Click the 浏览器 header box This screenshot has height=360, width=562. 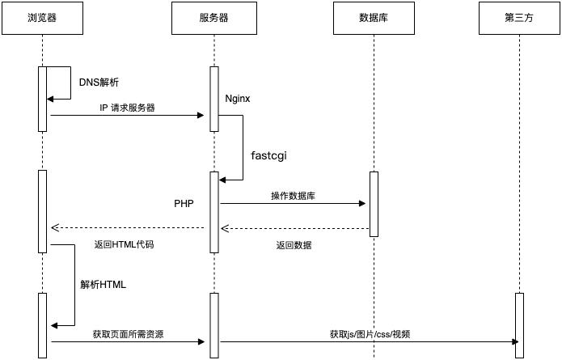(42, 19)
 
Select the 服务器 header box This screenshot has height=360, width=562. (213, 19)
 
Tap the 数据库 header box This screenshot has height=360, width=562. (374, 19)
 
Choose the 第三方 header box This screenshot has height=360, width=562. (518, 19)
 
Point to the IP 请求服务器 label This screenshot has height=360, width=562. (127, 107)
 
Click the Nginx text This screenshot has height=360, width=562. (238, 99)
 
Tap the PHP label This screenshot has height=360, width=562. (184, 204)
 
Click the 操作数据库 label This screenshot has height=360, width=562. (293, 195)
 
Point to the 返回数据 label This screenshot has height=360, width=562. (294, 244)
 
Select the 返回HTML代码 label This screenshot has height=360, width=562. (125, 244)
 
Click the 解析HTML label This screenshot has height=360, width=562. (104, 285)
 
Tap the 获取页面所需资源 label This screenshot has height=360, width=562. (128, 333)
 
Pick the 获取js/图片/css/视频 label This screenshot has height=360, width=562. (370, 333)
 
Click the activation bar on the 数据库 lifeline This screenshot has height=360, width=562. (374, 204)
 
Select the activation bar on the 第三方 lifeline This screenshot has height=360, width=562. (519, 324)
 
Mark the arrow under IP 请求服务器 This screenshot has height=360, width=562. (127, 115)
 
